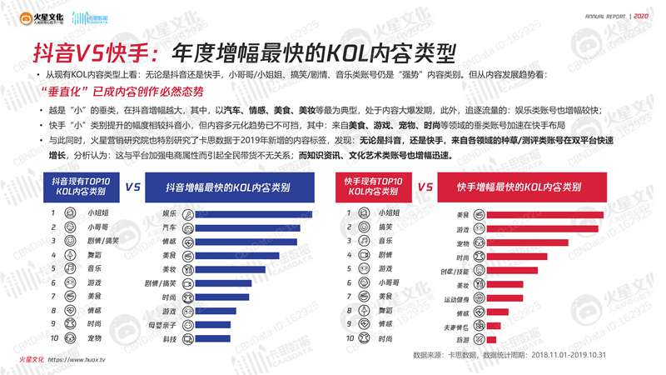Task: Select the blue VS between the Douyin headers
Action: coord(132,187)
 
